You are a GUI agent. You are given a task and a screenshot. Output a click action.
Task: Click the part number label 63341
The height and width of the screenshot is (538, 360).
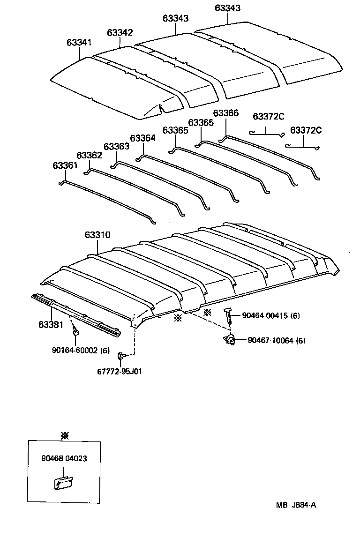pyautogui.click(x=79, y=43)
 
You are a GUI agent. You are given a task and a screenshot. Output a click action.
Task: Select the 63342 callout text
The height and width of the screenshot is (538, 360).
pyautogui.click(x=120, y=32)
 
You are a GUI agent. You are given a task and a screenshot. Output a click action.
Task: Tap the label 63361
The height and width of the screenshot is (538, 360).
pyautogui.click(x=65, y=165)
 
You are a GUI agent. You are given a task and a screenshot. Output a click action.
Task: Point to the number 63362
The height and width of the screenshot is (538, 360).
pyautogui.click(x=89, y=155)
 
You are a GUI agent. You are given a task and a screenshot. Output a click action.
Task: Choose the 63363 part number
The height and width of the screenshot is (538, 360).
pyautogui.click(x=116, y=147)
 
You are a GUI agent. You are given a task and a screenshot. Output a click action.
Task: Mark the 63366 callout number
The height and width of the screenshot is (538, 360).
pyautogui.click(x=225, y=113)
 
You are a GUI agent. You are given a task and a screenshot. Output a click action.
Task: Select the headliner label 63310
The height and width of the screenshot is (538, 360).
pyautogui.click(x=97, y=235)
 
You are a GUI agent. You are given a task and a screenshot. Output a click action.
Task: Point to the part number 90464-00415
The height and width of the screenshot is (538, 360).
pyautogui.click(x=264, y=316)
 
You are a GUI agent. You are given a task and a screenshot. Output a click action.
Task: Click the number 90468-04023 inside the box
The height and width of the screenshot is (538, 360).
pyautogui.click(x=64, y=459)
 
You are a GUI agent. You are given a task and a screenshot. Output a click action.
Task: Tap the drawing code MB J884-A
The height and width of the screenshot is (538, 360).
pyautogui.click(x=296, y=505)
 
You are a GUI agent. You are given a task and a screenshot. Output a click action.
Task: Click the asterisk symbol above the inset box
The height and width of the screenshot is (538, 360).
pyautogui.click(x=65, y=435)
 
